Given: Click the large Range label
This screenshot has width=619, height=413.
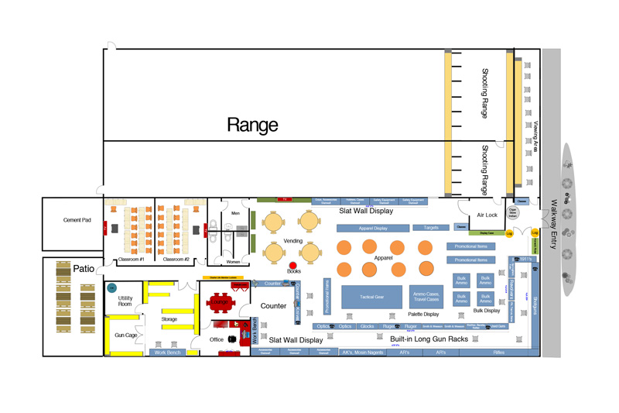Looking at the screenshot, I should [251, 125].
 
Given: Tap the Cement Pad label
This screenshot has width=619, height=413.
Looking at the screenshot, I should [77, 220].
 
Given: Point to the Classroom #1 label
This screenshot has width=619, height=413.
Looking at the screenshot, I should [131, 260].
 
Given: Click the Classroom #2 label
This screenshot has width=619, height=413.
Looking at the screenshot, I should [176, 260].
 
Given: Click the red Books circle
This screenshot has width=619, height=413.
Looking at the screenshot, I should [293, 266].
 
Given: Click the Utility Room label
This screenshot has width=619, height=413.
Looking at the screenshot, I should [126, 301].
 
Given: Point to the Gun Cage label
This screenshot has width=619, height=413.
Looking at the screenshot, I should [125, 335].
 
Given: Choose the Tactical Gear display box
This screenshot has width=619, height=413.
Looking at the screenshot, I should [372, 297].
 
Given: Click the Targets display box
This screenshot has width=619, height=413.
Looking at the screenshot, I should [431, 228].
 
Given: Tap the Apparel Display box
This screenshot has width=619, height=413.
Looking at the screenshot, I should [373, 228].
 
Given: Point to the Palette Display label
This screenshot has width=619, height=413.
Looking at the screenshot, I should [424, 314].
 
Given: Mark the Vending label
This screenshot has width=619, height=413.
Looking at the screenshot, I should [293, 241].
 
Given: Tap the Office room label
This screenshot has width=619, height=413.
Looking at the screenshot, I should [217, 339].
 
